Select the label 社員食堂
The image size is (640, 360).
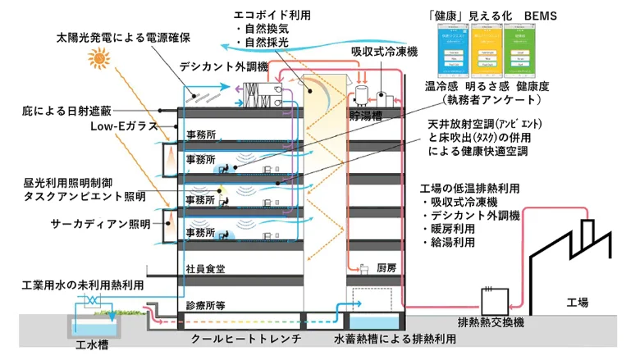point(206,268)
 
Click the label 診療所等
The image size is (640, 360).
point(206,304)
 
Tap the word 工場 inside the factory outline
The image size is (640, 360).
point(578,303)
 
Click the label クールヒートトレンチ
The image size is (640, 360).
point(244,338)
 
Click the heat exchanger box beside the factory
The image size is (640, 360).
point(495,298)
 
